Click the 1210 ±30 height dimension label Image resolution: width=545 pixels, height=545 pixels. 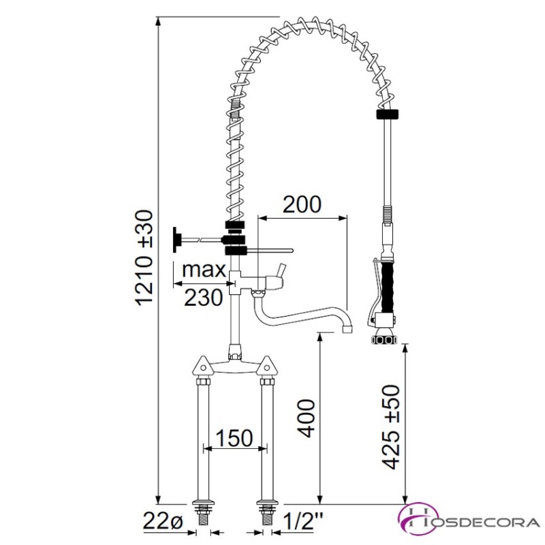point(143,258)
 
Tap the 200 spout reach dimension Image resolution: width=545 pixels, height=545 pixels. point(302,205)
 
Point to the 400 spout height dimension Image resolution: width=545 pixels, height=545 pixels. point(305,418)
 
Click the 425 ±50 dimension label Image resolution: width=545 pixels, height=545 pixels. point(390,427)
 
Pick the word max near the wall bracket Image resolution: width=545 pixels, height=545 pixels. point(204,269)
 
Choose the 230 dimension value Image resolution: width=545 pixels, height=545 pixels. point(203,298)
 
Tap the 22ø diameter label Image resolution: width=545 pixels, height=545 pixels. point(163,522)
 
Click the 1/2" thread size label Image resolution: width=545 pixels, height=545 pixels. point(303,521)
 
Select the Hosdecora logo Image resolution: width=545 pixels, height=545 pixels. point(468,522)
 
